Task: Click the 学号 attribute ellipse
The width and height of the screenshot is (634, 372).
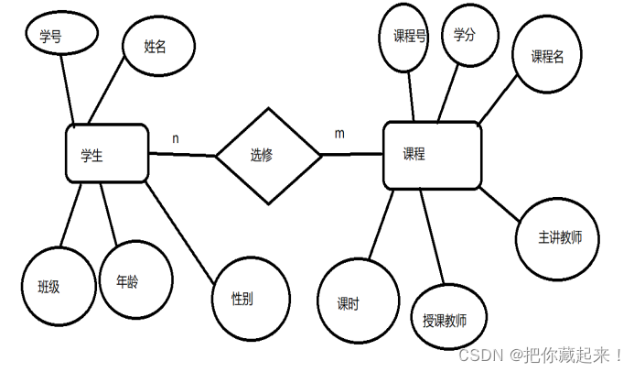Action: pyautogui.click(x=59, y=36)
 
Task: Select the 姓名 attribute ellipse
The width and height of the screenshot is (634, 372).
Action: pyautogui.click(x=157, y=46)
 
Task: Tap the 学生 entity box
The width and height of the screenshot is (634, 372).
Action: pyautogui.click(x=107, y=153)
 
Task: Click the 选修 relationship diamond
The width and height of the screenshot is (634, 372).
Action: pyautogui.click(x=268, y=155)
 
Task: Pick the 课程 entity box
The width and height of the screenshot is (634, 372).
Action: pyautogui.click(x=432, y=155)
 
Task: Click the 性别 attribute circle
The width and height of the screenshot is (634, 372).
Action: pyautogui.click(x=251, y=299)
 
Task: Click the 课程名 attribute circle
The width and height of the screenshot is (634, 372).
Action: pyautogui.click(x=549, y=55)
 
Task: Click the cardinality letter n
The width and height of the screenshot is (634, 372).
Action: pyautogui.click(x=176, y=138)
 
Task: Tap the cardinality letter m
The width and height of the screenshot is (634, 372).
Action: pyautogui.click(x=339, y=134)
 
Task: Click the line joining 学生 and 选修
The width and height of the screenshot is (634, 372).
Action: pyautogui.click(x=182, y=155)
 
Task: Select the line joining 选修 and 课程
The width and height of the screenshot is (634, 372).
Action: pyautogui.click(x=352, y=154)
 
